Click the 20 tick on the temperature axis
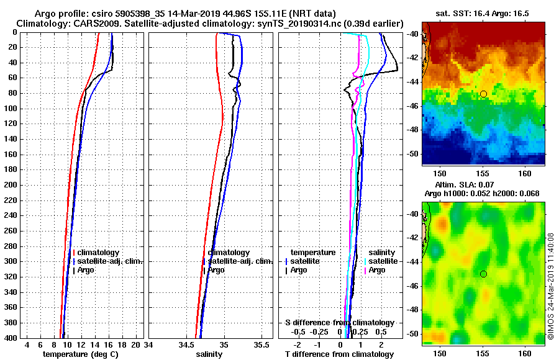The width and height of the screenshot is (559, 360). (x=136, y=344)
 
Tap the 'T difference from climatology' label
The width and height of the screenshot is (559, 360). (x=339, y=354)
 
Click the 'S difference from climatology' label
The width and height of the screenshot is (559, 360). (x=339, y=323)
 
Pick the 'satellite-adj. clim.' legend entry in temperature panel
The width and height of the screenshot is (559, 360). (x=110, y=261)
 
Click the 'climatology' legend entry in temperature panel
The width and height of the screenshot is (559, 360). (x=98, y=253)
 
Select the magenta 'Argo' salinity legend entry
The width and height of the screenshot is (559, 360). (x=377, y=270)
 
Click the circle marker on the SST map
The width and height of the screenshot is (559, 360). (x=483, y=94)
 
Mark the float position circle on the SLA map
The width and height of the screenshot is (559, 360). (x=483, y=274)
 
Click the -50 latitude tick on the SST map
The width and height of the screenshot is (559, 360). (x=412, y=153)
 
